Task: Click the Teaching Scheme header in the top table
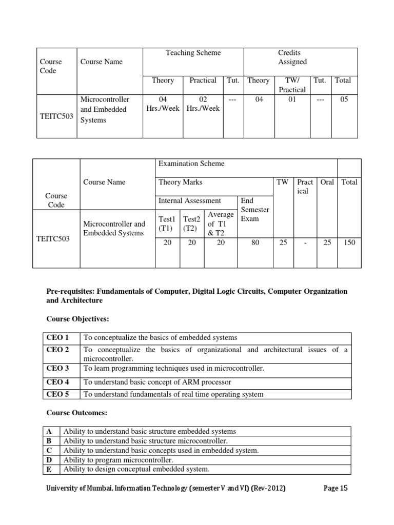click(193, 53)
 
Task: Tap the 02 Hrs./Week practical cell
click(203, 104)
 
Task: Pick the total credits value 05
click(344, 99)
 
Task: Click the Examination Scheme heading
click(191, 164)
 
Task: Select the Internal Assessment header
click(190, 200)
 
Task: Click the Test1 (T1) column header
click(167, 224)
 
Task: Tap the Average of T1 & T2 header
click(220, 224)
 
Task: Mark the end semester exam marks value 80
click(255, 243)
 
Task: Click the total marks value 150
click(349, 243)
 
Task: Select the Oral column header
click(327, 182)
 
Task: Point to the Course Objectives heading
click(77, 319)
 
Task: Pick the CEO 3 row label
click(57, 368)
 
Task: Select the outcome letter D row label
click(49, 460)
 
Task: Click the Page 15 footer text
click(336, 488)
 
